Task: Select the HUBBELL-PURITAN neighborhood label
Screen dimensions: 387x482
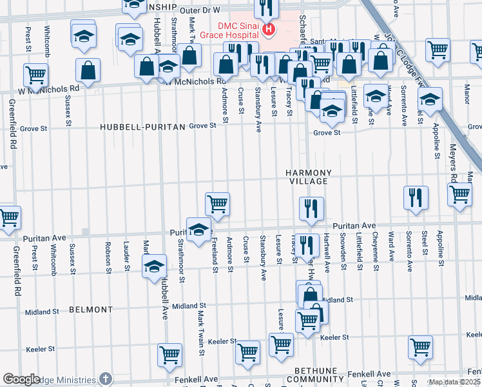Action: pyautogui.click(x=142, y=126)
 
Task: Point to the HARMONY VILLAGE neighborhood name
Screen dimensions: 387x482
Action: pyautogui.click(x=309, y=177)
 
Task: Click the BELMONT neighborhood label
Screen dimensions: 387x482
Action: pyautogui.click(x=90, y=310)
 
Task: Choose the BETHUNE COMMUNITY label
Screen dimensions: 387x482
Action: pyautogui.click(x=315, y=375)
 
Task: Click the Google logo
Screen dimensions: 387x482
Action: pyautogui.click(x=21, y=380)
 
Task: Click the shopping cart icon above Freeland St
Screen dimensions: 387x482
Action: pyautogui.click(x=218, y=204)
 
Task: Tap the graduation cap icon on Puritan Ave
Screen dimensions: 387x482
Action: pyautogui.click(x=198, y=228)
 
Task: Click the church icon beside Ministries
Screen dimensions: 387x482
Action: pyautogui.click(x=106, y=379)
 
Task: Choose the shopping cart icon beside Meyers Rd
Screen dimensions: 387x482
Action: pyautogui.click(x=459, y=194)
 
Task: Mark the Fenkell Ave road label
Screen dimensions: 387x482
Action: pyautogui.click(x=369, y=374)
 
